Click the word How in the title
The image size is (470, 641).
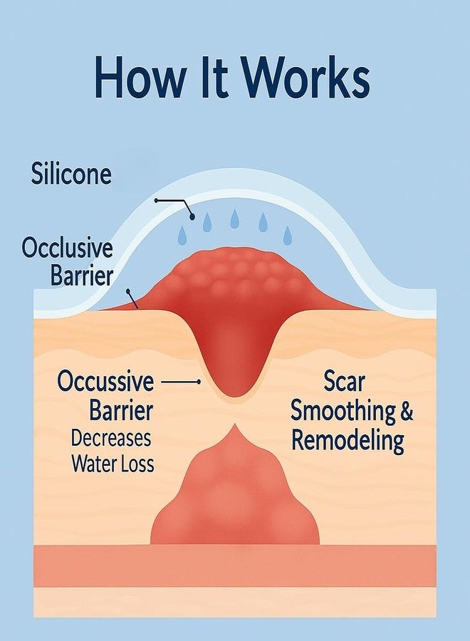tap(139, 77)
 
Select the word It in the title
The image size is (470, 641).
tap(212, 77)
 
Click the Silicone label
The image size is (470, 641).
tap(71, 174)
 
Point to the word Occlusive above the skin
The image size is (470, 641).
tap(67, 248)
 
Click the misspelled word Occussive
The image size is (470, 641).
tap(106, 381)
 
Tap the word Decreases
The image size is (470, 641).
tap(111, 438)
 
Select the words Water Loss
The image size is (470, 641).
tap(113, 464)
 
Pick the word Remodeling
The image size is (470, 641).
tap(348, 442)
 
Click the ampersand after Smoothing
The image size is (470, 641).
tap(406, 411)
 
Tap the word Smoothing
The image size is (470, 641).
tap(343, 412)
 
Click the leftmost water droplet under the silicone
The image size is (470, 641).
tap(182, 235)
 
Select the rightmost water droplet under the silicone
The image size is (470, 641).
tap(288, 236)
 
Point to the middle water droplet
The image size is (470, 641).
tap(234, 219)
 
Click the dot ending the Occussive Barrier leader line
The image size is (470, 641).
tap(199, 382)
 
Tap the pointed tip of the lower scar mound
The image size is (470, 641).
tap(235, 425)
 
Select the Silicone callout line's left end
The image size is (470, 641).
tap(156, 200)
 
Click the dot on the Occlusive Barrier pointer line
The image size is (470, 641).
tap(128, 291)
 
